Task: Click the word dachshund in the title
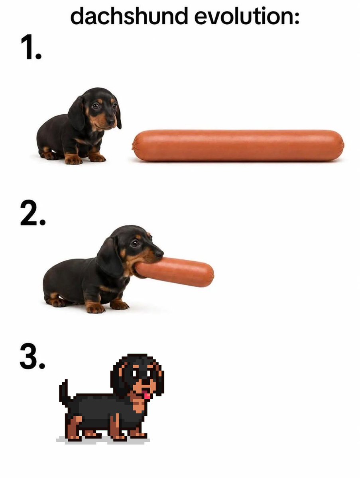tap(129, 15)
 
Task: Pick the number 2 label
tap(33, 213)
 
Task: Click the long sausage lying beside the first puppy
tap(238, 145)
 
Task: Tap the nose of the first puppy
tap(111, 121)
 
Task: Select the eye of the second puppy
tap(134, 243)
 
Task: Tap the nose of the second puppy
tap(159, 253)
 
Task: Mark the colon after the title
tap(296, 17)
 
